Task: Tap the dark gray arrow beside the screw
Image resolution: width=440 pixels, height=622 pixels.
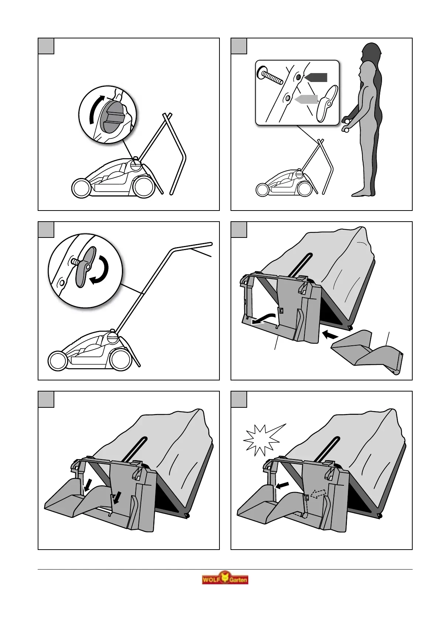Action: tap(316, 77)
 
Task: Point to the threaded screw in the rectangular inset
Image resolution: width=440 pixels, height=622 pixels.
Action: tap(270, 76)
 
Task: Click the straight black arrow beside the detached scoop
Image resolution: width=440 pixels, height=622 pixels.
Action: tap(331, 334)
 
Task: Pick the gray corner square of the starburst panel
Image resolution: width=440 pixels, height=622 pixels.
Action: tap(239, 399)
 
